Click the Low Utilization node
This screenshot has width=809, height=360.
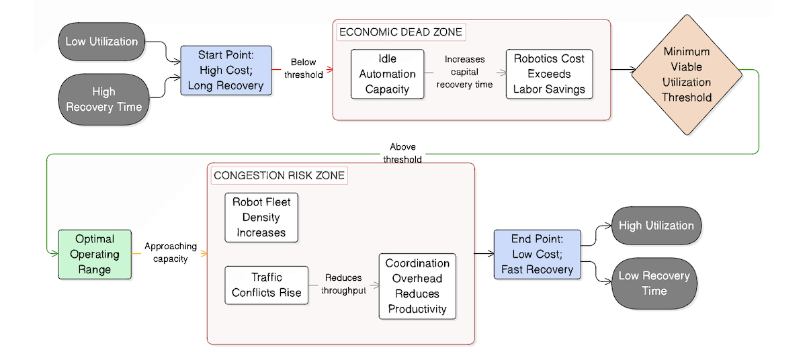(101, 42)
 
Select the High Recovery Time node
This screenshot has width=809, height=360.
(103, 99)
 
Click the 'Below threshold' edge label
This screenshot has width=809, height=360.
(303, 69)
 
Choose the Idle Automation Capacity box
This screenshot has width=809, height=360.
(387, 75)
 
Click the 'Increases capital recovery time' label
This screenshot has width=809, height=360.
(464, 72)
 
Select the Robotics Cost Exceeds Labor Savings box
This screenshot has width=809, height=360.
(549, 75)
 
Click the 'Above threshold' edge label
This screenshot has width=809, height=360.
(402, 153)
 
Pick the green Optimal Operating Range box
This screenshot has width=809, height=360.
(94, 255)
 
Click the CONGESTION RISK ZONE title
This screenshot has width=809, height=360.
(278, 176)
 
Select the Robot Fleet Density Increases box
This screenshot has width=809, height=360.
(261, 218)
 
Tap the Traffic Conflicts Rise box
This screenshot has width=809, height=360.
(266, 285)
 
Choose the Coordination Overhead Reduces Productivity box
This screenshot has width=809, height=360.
(417, 286)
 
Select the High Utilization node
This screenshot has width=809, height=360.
(655, 226)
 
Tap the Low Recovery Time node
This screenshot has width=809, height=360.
(653, 283)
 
